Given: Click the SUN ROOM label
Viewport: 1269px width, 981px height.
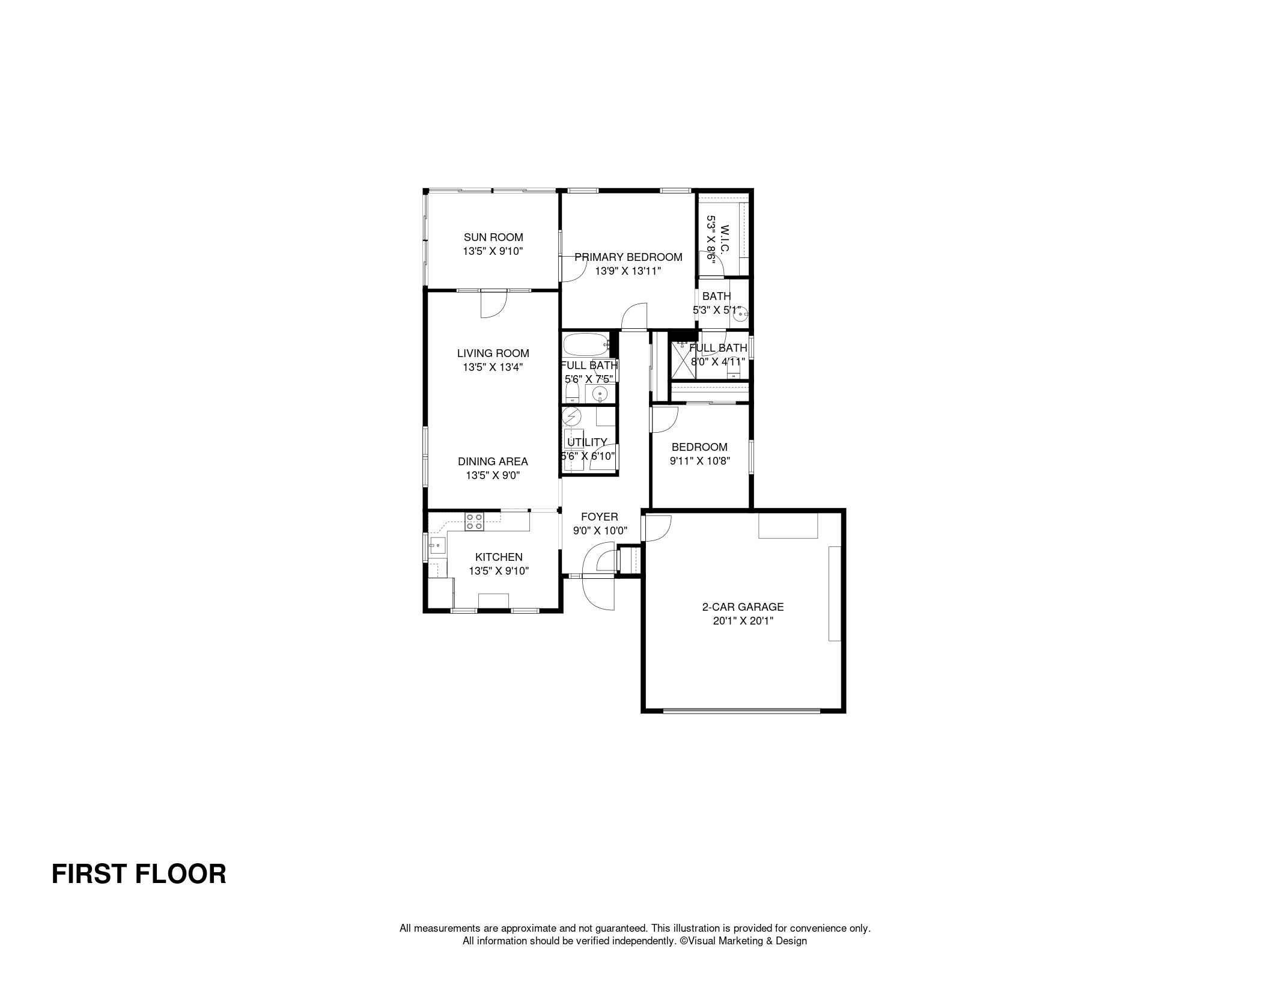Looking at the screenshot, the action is click(493, 237).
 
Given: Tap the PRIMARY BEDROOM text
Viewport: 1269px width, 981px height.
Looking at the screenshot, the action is click(628, 257).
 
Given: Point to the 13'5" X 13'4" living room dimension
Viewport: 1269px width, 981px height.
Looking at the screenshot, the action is click(493, 367).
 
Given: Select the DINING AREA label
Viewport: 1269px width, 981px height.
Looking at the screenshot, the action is click(493, 462).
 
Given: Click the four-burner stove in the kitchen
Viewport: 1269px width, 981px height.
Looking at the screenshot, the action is click(474, 521).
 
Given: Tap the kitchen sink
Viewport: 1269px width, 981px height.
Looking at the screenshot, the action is click(436, 546).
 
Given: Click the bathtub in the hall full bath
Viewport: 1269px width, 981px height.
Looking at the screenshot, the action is click(588, 345).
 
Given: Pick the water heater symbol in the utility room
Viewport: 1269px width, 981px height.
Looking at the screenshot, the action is click(572, 416).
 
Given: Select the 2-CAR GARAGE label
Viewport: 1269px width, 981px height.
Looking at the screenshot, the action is click(743, 607).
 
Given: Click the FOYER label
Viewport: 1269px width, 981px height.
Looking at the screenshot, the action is click(599, 517).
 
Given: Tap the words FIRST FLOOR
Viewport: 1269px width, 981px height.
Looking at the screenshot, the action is click(139, 873).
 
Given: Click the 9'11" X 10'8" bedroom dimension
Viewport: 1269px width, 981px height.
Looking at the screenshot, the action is click(699, 461).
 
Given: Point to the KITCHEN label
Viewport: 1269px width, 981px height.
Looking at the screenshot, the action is click(499, 557).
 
